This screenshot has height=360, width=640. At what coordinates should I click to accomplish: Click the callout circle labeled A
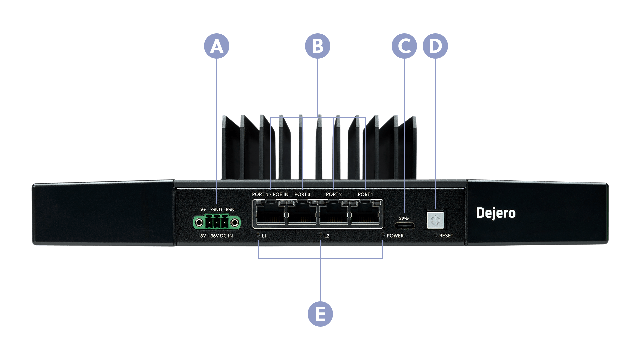pos(217,46)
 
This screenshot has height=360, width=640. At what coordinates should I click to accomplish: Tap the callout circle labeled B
pos(317,46)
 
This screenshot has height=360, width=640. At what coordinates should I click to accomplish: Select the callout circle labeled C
pos(404,46)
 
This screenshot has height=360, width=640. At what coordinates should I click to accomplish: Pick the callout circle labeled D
pos(435,46)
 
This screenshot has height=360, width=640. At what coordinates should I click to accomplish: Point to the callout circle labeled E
pos(320,314)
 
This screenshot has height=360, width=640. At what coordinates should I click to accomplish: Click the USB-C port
pos(405,225)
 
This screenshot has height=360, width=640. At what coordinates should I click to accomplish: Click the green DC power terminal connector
pos(217,222)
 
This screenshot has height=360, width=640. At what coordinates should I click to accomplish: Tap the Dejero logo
pos(496,213)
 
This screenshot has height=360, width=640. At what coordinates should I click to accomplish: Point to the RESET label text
pos(446,236)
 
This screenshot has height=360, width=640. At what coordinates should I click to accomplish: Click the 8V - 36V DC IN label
pos(217,236)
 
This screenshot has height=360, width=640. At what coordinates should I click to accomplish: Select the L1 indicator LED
pos(258,235)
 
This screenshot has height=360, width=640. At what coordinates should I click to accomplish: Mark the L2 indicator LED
pos(321,235)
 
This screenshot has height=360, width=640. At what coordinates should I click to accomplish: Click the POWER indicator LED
pos(383,235)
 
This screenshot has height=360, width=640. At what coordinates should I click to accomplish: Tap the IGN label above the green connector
pos(230,210)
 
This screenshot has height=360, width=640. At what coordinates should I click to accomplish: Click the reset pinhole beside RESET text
pos(435,235)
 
